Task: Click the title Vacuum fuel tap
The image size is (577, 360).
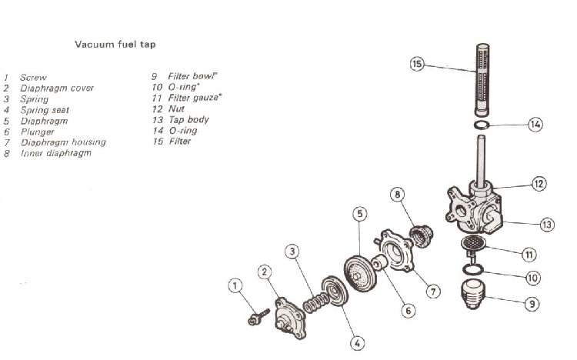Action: tap(115, 45)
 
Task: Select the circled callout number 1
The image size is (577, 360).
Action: tap(235, 287)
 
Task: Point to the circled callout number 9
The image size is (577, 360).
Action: tap(532, 305)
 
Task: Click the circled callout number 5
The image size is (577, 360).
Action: tap(359, 213)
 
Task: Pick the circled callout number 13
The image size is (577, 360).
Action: tap(547, 225)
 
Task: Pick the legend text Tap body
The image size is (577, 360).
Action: tap(188, 120)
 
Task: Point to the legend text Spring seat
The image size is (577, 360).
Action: tap(46, 110)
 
